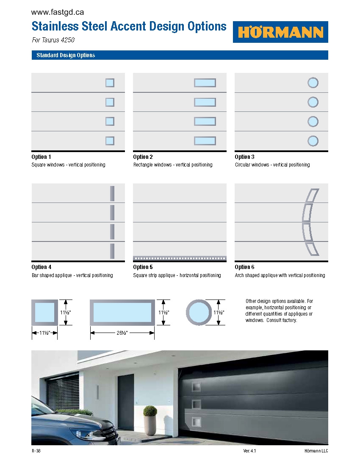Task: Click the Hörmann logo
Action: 280,32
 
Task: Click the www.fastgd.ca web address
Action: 57,13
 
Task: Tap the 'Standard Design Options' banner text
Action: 66,55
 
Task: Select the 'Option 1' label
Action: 41,157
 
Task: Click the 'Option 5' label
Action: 143,267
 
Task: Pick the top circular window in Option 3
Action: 313,83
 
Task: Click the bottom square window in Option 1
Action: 110,141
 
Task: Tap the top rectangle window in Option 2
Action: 205,83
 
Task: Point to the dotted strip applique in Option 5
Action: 180,258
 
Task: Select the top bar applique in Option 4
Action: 112,193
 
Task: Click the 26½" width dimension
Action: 122,333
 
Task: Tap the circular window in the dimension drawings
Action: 198,313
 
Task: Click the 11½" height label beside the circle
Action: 219,312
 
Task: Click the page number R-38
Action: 36,451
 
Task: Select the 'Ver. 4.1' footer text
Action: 249,451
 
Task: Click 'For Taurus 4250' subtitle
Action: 53,40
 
